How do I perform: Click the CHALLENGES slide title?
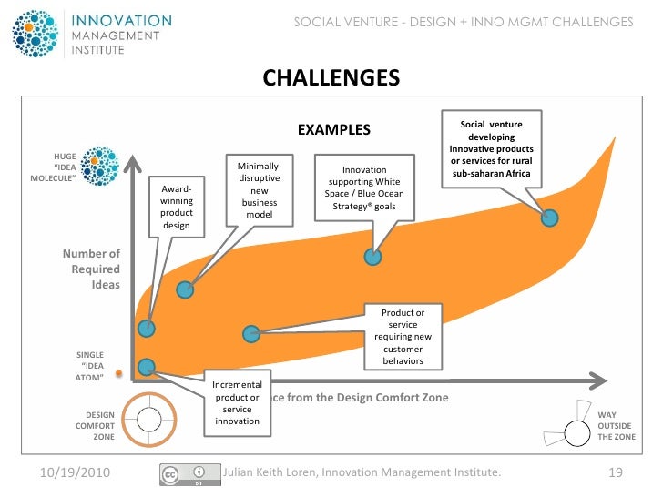331,78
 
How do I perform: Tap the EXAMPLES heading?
334,129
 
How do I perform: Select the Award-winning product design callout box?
176,207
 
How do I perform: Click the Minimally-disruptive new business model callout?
260,191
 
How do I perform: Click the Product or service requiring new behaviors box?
402,337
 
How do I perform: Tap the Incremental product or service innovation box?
237,402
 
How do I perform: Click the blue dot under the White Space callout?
372,257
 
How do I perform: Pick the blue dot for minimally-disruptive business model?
185,290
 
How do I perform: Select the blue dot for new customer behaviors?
251,334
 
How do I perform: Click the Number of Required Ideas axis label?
91,269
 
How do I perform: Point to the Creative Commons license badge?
191,473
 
